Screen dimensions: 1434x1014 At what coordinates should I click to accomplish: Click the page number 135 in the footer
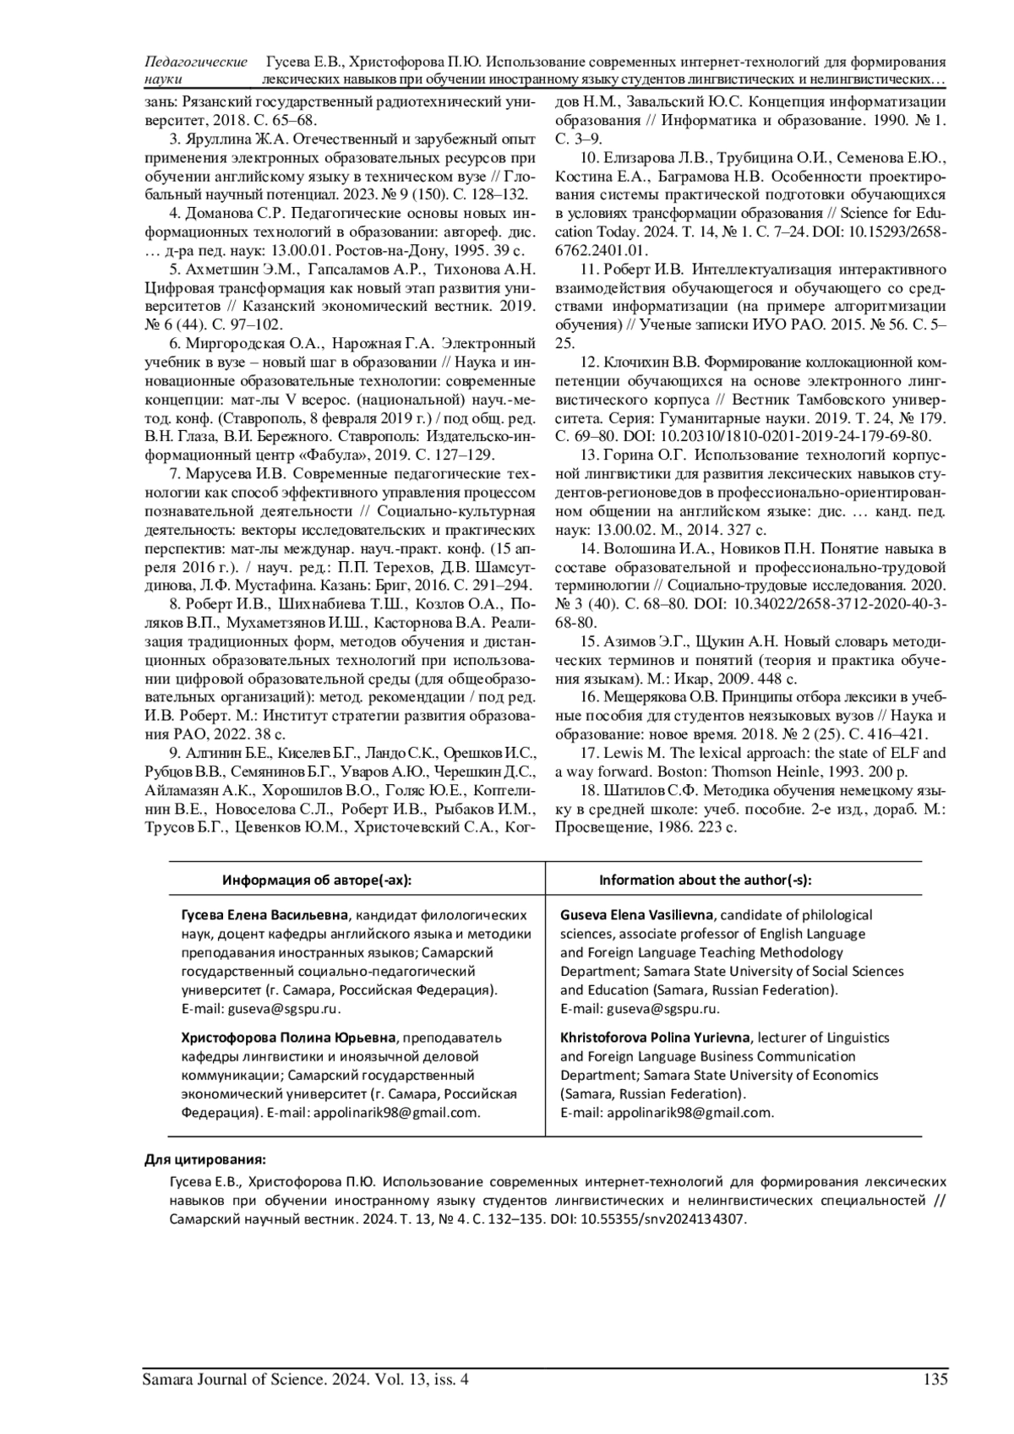click(935, 1379)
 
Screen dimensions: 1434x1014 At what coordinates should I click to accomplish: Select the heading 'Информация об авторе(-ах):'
click(317, 880)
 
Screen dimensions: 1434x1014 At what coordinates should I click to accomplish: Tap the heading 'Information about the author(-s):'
click(706, 880)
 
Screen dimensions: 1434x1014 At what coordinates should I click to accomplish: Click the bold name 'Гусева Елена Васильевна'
click(264, 915)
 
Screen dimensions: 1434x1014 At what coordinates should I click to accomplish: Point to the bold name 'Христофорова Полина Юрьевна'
click(288, 1038)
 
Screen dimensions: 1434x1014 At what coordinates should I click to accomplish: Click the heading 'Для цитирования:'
click(205, 1159)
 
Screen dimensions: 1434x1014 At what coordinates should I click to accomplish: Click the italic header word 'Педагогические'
click(197, 62)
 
